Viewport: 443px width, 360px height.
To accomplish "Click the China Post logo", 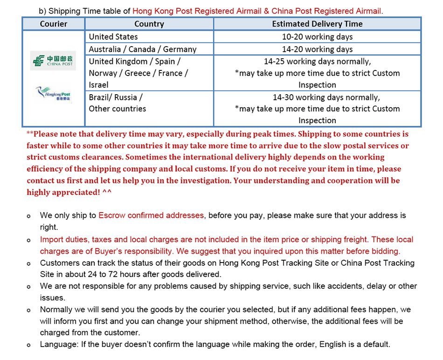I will click(x=53, y=61).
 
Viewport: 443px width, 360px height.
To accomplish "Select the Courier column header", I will click(x=53, y=24).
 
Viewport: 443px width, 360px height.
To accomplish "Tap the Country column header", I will click(x=149, y=24).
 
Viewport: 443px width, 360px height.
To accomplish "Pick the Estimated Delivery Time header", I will click(x=317, y=24).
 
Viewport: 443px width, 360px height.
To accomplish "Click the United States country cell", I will click(x=113, y=36).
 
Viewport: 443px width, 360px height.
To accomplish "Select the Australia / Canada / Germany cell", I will click(x=142, y=49).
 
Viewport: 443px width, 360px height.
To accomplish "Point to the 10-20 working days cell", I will click(x=317, y=36).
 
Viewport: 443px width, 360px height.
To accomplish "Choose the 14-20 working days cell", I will click(x=317, y=49).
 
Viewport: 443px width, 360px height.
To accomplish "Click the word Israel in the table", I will click(x=98, y=85).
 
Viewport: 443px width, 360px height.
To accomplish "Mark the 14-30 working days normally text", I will click(x=326, y=97).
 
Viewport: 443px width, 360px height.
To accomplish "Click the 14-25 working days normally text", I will click(x=317, y=61).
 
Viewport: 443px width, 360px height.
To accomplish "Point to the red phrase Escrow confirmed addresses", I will click(x=151, y=215).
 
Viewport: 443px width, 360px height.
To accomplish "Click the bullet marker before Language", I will click(x=29, y=345).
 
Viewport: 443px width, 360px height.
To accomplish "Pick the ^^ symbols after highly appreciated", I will click(x=107, y=192).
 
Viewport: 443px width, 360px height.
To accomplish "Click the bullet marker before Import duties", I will click(x=29, y=240).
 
